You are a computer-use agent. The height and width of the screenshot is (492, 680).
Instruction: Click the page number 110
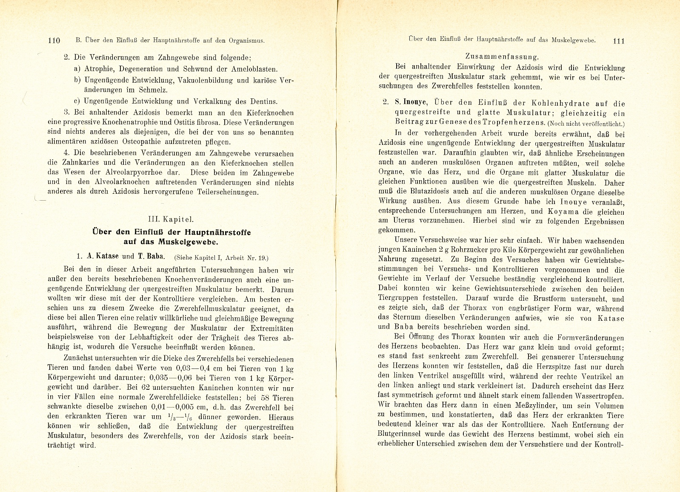pos(54,41)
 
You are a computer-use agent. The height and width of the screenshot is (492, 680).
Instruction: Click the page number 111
pos(617,41)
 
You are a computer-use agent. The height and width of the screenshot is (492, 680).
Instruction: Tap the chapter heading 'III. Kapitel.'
pos(170,220)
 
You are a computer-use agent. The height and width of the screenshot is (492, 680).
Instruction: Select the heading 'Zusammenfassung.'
pos(502,56)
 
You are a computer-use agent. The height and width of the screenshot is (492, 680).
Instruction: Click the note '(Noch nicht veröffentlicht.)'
pos(586,124)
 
